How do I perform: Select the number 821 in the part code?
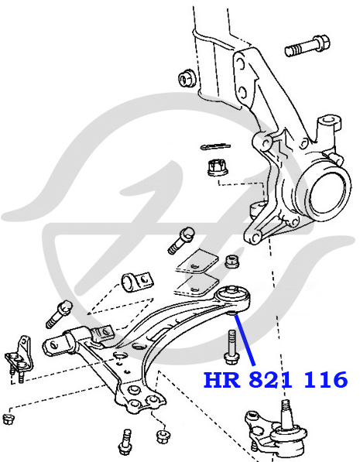click(x=270, y=380)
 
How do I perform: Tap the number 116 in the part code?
click(x=325, y=380)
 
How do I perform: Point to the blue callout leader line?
click(x=245, y=341)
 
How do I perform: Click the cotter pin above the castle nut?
click(x=215, y=146)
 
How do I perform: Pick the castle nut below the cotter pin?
click(x=218, y=168)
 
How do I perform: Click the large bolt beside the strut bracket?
click(x=307, y=46)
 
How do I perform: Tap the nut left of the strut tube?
click(x=187, y=78)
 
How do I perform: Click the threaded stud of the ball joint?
click(x=286, y=415)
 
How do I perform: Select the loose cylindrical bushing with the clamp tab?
click(x=137, y=282)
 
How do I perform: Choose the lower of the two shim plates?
click(x=195, y=286)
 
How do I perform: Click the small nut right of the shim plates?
click(x=231, y=262)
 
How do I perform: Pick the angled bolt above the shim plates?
click(x=180, y=241)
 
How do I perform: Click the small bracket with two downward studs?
click(x=19, y=358)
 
